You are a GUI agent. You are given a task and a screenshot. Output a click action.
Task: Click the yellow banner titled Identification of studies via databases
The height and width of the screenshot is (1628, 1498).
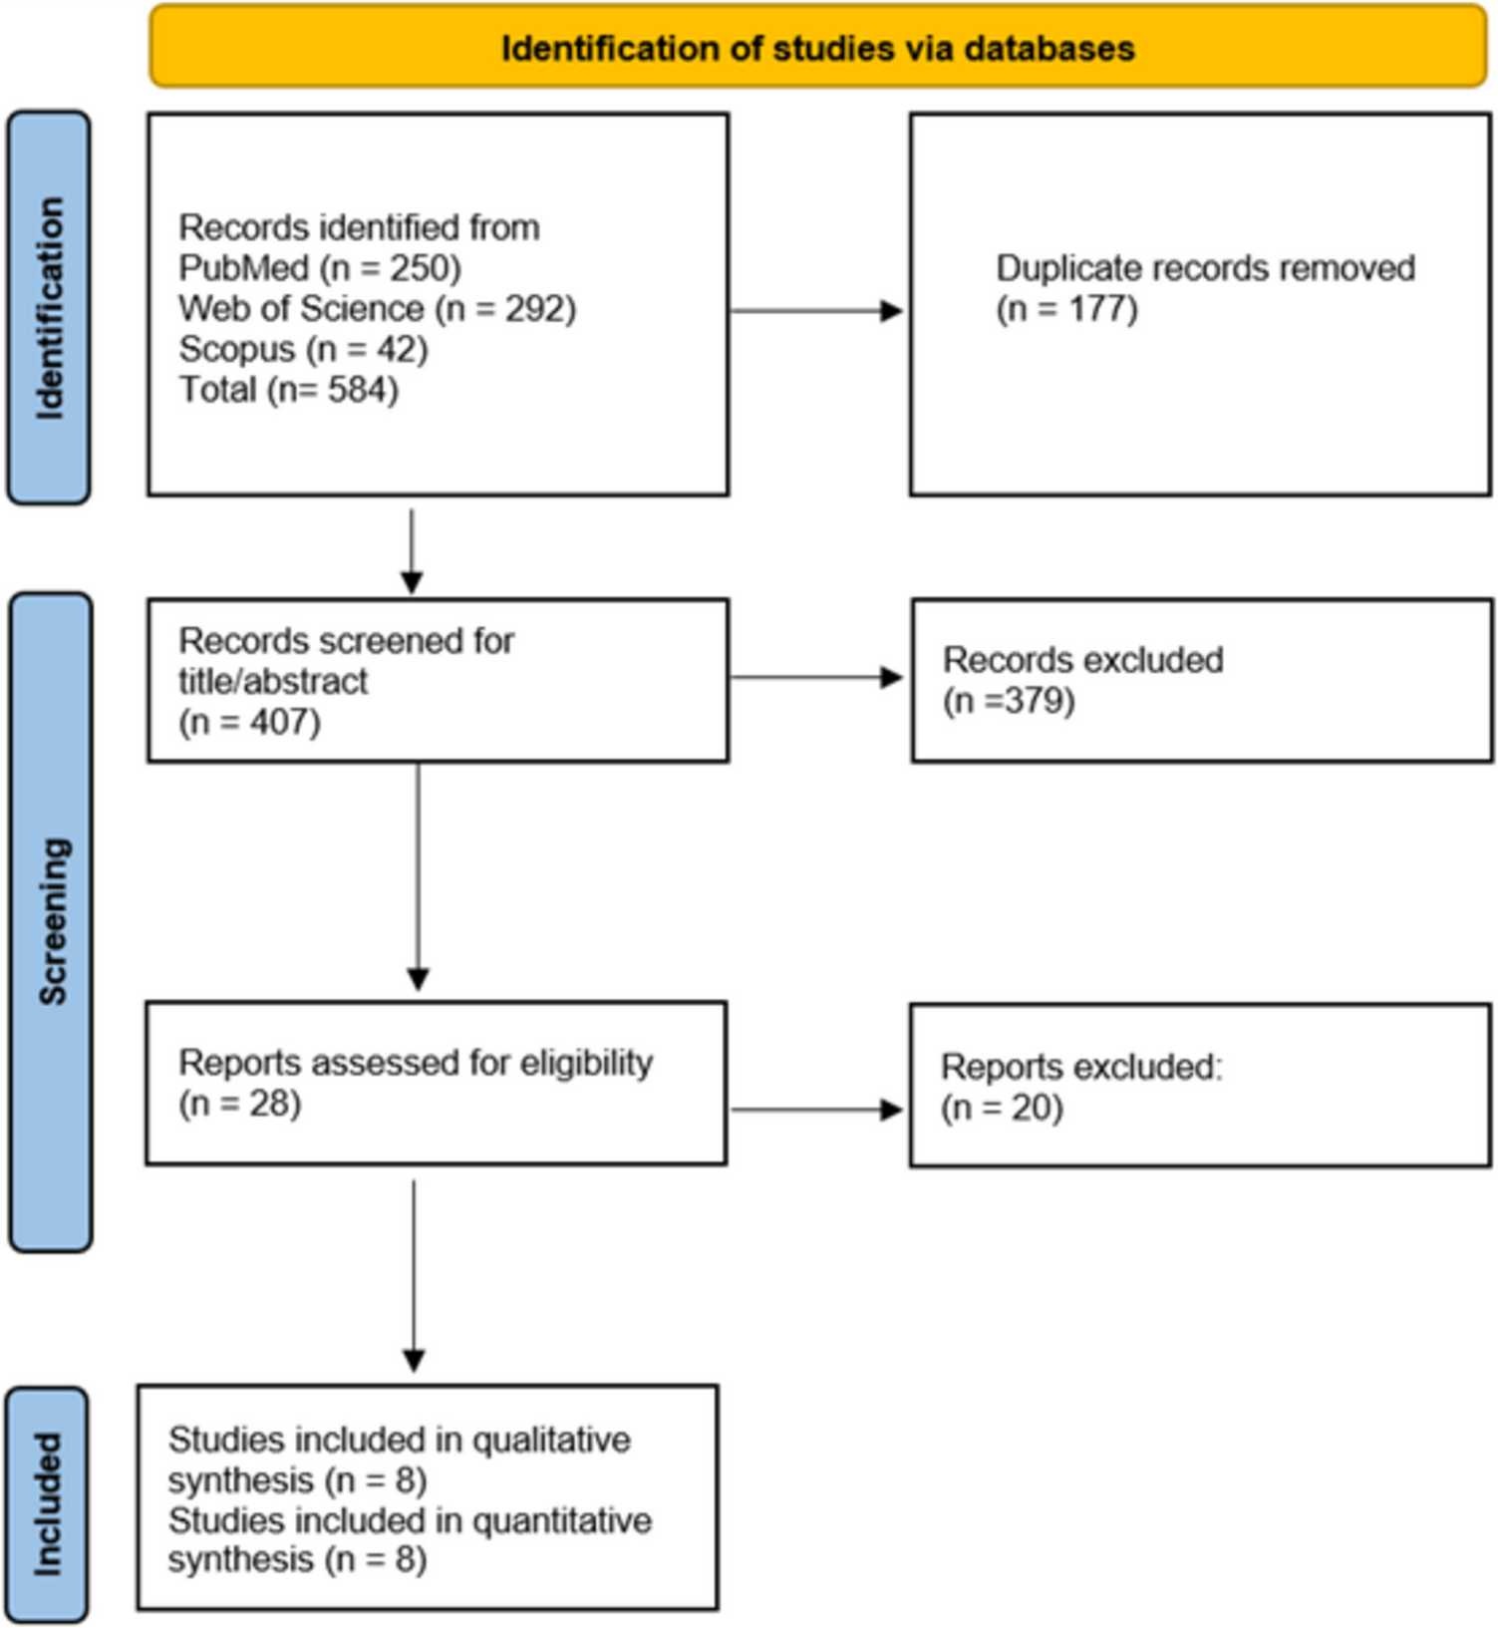tap(817, 48)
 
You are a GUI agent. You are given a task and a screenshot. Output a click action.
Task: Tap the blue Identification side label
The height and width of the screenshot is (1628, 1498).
tap(49, 307)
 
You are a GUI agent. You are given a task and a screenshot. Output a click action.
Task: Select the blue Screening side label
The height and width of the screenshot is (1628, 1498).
tap(51, 921)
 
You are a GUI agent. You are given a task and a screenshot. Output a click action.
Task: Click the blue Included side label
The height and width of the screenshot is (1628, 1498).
tap(47, 1503)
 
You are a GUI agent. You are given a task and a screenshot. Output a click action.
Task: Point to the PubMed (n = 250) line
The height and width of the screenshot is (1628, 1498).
tap(319, 268)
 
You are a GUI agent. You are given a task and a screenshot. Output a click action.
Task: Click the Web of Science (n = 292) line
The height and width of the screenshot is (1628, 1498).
tap(377, 309)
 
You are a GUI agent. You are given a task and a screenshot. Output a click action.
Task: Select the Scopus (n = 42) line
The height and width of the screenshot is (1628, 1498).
tap(303, 349)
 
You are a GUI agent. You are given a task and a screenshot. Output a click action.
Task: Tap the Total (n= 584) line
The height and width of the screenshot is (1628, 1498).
tap(288, 390)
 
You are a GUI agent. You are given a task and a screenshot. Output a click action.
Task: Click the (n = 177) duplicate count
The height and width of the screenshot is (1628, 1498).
tap(1066, 309)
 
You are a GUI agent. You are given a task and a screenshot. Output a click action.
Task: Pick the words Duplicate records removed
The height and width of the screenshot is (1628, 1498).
tap(1205, 268)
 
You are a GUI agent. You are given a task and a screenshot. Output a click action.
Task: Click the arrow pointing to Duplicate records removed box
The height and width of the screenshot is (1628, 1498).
tap(817, 311)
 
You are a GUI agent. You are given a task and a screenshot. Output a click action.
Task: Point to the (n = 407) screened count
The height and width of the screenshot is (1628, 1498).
tap(249, 722)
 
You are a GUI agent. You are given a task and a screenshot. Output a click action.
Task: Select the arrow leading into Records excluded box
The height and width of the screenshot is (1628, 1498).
tap(817, 678)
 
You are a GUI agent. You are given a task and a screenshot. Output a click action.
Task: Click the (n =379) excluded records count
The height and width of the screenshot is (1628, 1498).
tap(1009, 701)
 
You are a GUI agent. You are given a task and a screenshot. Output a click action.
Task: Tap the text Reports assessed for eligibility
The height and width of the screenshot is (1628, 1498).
tap(416, 1063)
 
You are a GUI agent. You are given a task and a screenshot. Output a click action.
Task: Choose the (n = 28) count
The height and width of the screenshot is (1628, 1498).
tap(239, 1104)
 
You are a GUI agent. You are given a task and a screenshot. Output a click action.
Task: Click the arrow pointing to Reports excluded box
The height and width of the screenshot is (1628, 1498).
tap(817, 1110)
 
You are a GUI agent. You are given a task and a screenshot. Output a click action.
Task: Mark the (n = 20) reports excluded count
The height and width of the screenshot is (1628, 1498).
tap(1002, 1108)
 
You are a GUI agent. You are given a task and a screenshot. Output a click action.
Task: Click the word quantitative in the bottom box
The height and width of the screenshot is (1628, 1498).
tap(562, 1521)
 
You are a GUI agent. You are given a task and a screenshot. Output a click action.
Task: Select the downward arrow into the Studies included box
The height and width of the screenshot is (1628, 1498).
tap(414, 1276)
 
